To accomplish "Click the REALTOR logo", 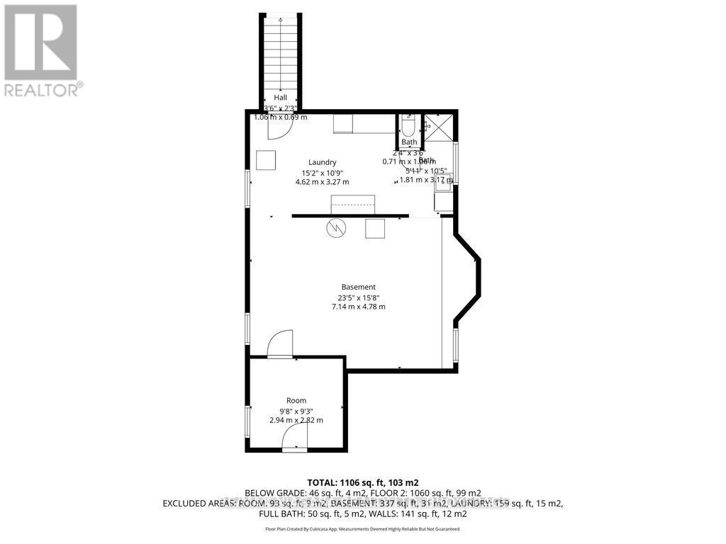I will [x=40, y=50].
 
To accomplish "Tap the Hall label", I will [x=281, y=98].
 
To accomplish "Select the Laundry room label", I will [x=322, y=162].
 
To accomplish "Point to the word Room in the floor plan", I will [x=296, y=400].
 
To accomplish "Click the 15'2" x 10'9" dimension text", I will [x=322, y=172].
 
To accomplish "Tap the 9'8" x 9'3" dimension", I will [x=296, y=410].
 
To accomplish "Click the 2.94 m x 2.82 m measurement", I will [x=296, y=420].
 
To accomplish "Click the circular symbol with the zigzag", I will [x=335, y=228].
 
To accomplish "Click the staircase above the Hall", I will [x=281, y=53].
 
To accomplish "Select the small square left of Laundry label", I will [x=266, y=160].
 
